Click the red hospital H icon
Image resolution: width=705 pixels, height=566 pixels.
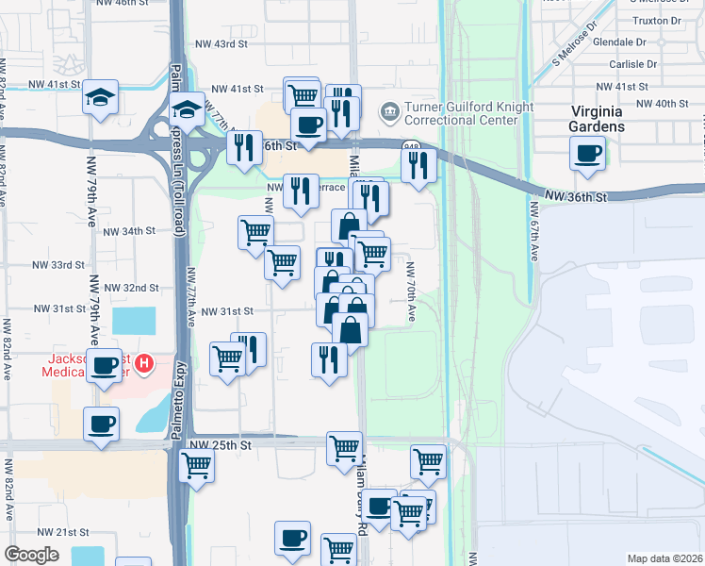click(144, 363)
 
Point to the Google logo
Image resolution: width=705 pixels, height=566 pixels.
click(31, 555)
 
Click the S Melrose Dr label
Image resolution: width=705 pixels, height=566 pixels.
click(576, 43)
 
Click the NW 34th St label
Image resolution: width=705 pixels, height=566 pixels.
click(127, 231)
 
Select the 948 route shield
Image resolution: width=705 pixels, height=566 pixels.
click(412, 147)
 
